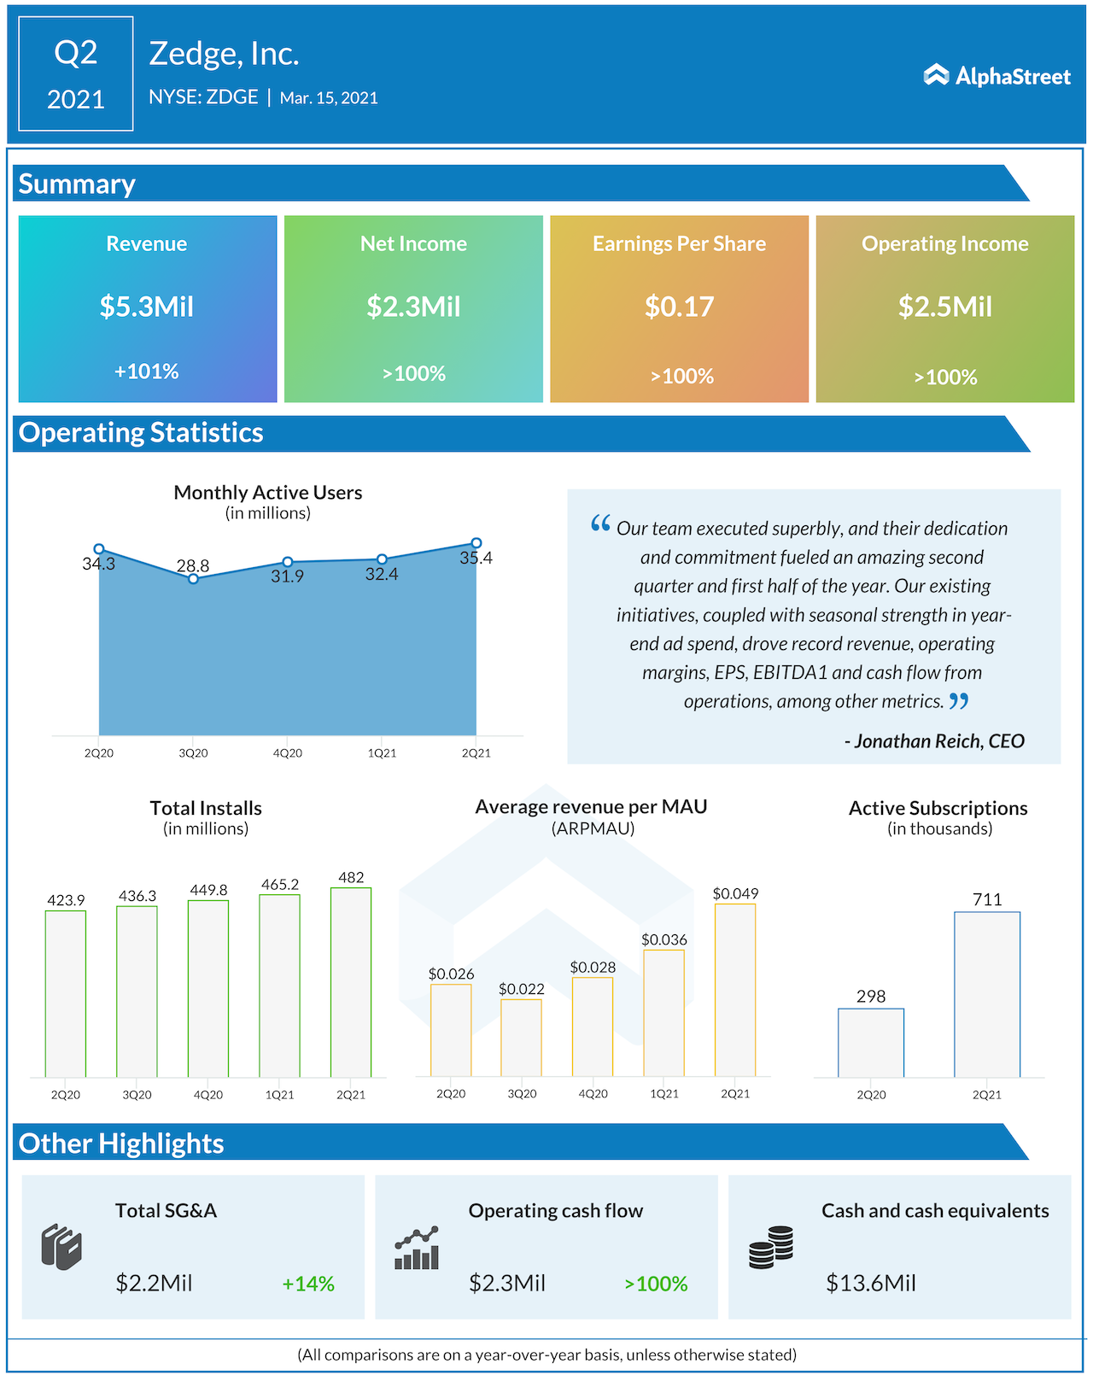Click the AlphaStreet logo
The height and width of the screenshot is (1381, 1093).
(997, 76)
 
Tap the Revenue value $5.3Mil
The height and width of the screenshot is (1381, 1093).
(147, 306)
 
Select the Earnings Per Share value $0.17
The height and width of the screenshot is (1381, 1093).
(679, 306)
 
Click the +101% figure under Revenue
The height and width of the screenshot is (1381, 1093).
(147, 372)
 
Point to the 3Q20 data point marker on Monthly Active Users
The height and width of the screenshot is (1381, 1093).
(194, 578)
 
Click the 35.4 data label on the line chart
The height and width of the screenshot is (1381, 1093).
(476, 558)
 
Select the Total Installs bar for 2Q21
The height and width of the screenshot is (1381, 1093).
(351, 982)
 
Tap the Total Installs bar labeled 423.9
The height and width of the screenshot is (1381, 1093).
(66, 993)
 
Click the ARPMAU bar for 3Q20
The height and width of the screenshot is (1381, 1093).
(521, 1038)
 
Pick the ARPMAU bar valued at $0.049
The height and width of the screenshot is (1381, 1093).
(735, 990)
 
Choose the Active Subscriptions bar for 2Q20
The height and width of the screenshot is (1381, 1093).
(871, 1043)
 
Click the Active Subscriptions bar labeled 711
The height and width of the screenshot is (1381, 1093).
(987, 994)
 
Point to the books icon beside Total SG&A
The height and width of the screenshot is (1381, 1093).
(61, 1248)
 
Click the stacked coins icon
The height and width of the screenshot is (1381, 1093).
(771, 1248)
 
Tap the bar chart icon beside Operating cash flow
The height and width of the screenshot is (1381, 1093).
(417, 1249)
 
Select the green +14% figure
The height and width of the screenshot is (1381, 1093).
(308, 1284)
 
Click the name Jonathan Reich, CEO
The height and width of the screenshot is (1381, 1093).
(934, 740)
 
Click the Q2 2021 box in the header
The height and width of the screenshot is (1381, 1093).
(76, 74)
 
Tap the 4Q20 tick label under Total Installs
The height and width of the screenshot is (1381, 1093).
(208, 1095)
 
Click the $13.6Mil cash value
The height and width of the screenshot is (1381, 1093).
(871, 1283)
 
